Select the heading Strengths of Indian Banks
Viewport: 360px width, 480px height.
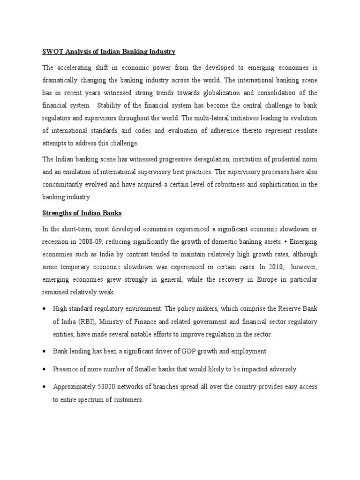pyautogui.click(x=82, y=213)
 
